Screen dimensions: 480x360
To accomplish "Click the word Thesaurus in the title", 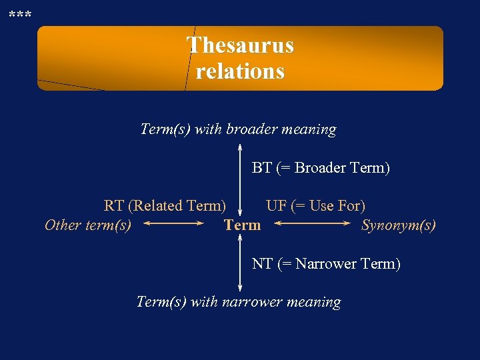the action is (240, 45).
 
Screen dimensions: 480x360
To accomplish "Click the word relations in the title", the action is (240, 71).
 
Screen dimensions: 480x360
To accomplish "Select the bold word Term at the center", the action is (243, 225).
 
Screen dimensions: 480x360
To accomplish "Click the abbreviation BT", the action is (261, 168).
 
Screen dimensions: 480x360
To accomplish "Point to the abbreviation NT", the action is (262, 264).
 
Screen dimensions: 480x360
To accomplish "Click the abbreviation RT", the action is (113, 206).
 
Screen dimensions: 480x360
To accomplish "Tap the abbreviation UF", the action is (276, 206).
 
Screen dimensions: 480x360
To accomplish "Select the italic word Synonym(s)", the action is (399, 225).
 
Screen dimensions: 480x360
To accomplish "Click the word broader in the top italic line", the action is (251, 129).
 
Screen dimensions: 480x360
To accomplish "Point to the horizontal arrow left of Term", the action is (173, 225).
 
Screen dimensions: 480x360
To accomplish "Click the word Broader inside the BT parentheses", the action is (321, 168).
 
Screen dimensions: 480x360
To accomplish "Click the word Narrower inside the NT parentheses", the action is (325, 264).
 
